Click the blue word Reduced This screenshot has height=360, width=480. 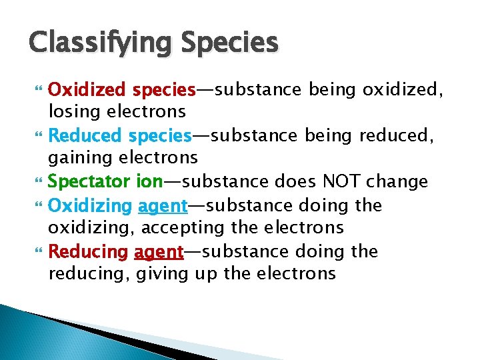[85, 135]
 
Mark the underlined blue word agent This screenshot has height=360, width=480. [162, 206]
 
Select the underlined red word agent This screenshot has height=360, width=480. [159, 252]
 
